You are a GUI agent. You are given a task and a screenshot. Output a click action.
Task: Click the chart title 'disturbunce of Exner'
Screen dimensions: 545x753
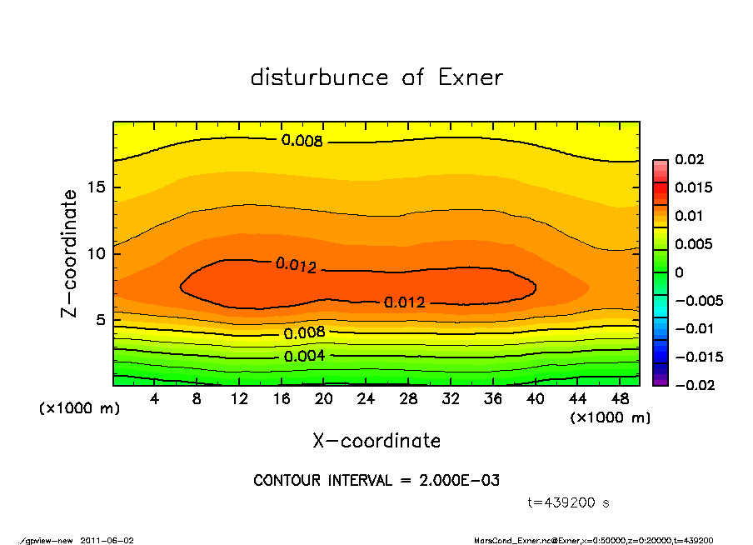[376, 78]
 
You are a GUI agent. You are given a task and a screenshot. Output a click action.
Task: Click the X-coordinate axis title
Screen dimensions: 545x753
[376, 441]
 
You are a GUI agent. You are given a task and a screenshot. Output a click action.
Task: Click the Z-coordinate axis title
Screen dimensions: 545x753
[70, 253]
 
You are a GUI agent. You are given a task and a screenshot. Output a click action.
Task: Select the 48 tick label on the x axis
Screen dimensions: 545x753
[621, 399]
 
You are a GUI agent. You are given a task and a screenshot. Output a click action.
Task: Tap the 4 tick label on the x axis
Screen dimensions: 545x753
[155, 399]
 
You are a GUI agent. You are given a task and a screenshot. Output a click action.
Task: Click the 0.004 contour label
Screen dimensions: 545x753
[304, 357]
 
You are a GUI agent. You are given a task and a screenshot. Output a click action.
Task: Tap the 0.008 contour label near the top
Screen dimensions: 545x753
[302, 141]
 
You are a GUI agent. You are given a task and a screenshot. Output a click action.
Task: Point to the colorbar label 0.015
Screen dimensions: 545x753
[693, 187]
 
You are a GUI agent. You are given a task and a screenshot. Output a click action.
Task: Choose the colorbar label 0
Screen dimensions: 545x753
[679, 272]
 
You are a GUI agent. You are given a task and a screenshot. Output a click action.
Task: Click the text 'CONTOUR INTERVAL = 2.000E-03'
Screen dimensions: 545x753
[376, 481]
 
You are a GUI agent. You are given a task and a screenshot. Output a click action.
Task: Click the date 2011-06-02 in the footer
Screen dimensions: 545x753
[107, 540]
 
